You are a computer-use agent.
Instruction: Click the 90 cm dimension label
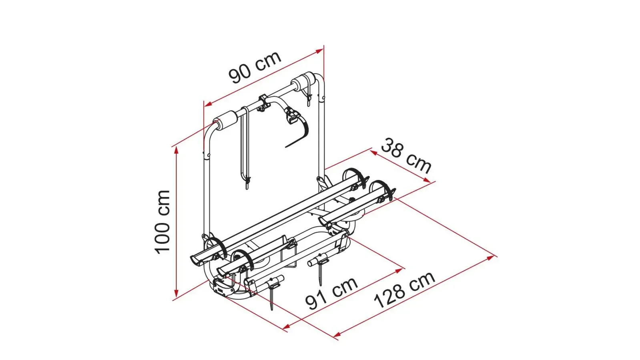click(x=255, y=68)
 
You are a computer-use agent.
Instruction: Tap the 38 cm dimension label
click(x=406, y=156)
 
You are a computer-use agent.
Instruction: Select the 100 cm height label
click(x=163, y=222)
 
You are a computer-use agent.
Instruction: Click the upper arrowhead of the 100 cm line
click(x=176, y=151)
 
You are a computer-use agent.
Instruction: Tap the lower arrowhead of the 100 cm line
click(x=176, y=293)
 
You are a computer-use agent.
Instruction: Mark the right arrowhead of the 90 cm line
click(x=319, y=51)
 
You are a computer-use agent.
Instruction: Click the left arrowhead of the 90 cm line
click(x=208, y=104)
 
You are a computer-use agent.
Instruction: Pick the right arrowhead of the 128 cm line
click(x=490, y=258)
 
